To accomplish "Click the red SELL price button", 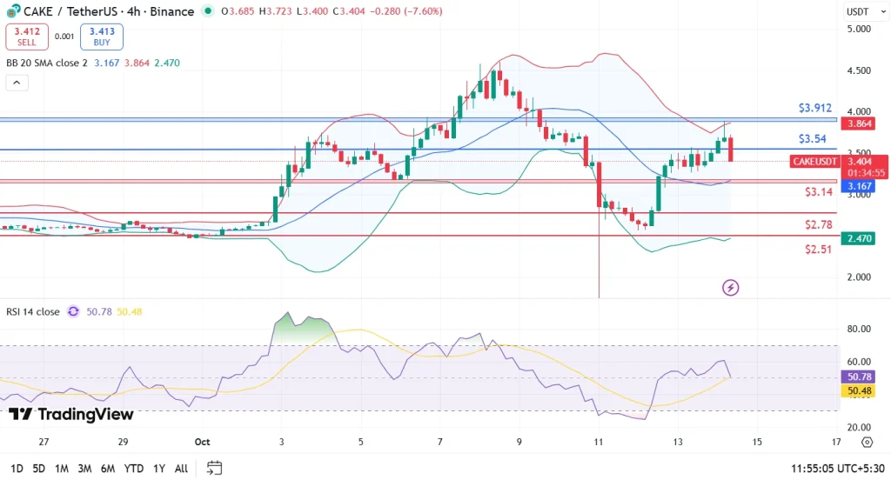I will [27, 37].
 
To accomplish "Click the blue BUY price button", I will [102, 37].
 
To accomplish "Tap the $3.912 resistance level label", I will [815, 109].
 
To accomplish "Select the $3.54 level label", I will [812, 138].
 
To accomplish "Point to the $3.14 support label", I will [819, 191].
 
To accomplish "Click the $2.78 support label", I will [819, 224].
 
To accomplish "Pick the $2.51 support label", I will [819, 249].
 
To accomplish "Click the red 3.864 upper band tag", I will [862, 123].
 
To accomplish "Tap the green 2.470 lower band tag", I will [862, 238].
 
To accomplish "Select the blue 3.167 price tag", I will [862, 186].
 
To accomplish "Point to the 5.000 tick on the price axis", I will [859, 29].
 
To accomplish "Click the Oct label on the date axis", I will [203, 442].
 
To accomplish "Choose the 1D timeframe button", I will [16, 469].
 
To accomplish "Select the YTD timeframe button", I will [133, 469].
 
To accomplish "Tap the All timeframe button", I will [181, 469].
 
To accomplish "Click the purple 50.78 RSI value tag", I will [861, 377].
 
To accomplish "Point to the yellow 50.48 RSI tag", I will [861, 391].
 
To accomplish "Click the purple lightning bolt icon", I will [730, 288].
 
